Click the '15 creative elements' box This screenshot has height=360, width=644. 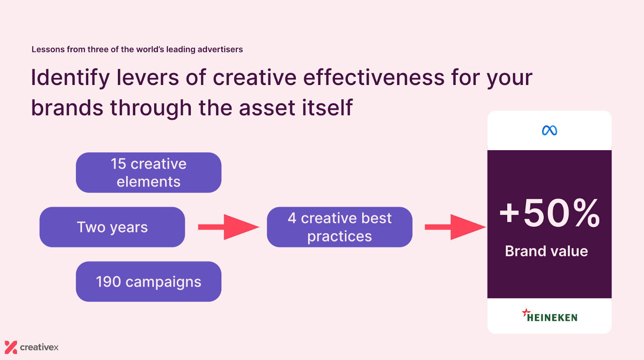[x=149, y=172]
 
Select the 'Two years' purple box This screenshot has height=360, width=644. [x=112, y=227]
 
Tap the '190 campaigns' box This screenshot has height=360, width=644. [x=149, y=281]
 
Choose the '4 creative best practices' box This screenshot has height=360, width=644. [x=339, y=227]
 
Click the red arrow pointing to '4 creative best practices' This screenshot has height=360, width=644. [x=228, y=227]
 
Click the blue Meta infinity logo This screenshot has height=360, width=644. [x=549, y=130]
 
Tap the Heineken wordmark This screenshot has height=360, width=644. [x=552, y=318]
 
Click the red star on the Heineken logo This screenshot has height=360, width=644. [x=526, y=312]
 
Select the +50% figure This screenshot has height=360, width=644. [x=549, y=213]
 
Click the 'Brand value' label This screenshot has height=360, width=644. [x=546, y=251]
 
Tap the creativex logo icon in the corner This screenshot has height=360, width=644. [x=11, y=347]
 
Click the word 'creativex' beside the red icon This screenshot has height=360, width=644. [x=39, y=347]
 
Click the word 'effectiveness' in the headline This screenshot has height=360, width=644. [x=374, y=78]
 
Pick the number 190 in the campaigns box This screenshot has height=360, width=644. [x=108, y=281]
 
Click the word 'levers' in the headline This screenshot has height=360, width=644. [x=147, y=78]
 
